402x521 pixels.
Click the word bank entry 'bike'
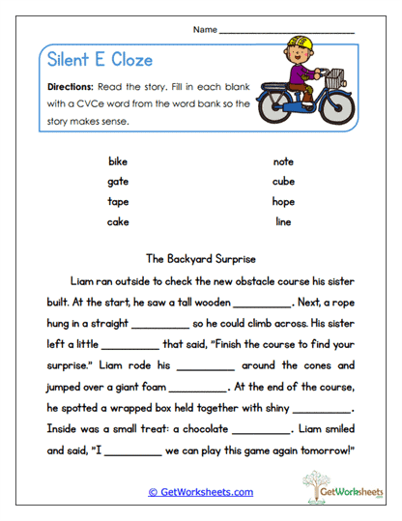point(118,161)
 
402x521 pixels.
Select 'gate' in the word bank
point(118,181)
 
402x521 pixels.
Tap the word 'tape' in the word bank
point(118,202)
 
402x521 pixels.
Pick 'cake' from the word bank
point(118,222)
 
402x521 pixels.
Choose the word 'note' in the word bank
point(283,161)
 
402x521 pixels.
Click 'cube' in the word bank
point(283,181)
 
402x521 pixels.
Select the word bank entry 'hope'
point(283,202)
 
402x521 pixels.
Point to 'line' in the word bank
point(283,222)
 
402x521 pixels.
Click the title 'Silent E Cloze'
point(100,60)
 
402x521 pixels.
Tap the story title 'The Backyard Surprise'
point(200,259)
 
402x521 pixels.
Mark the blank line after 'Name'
point(287,32)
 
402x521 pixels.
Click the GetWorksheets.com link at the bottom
point(200,492)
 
